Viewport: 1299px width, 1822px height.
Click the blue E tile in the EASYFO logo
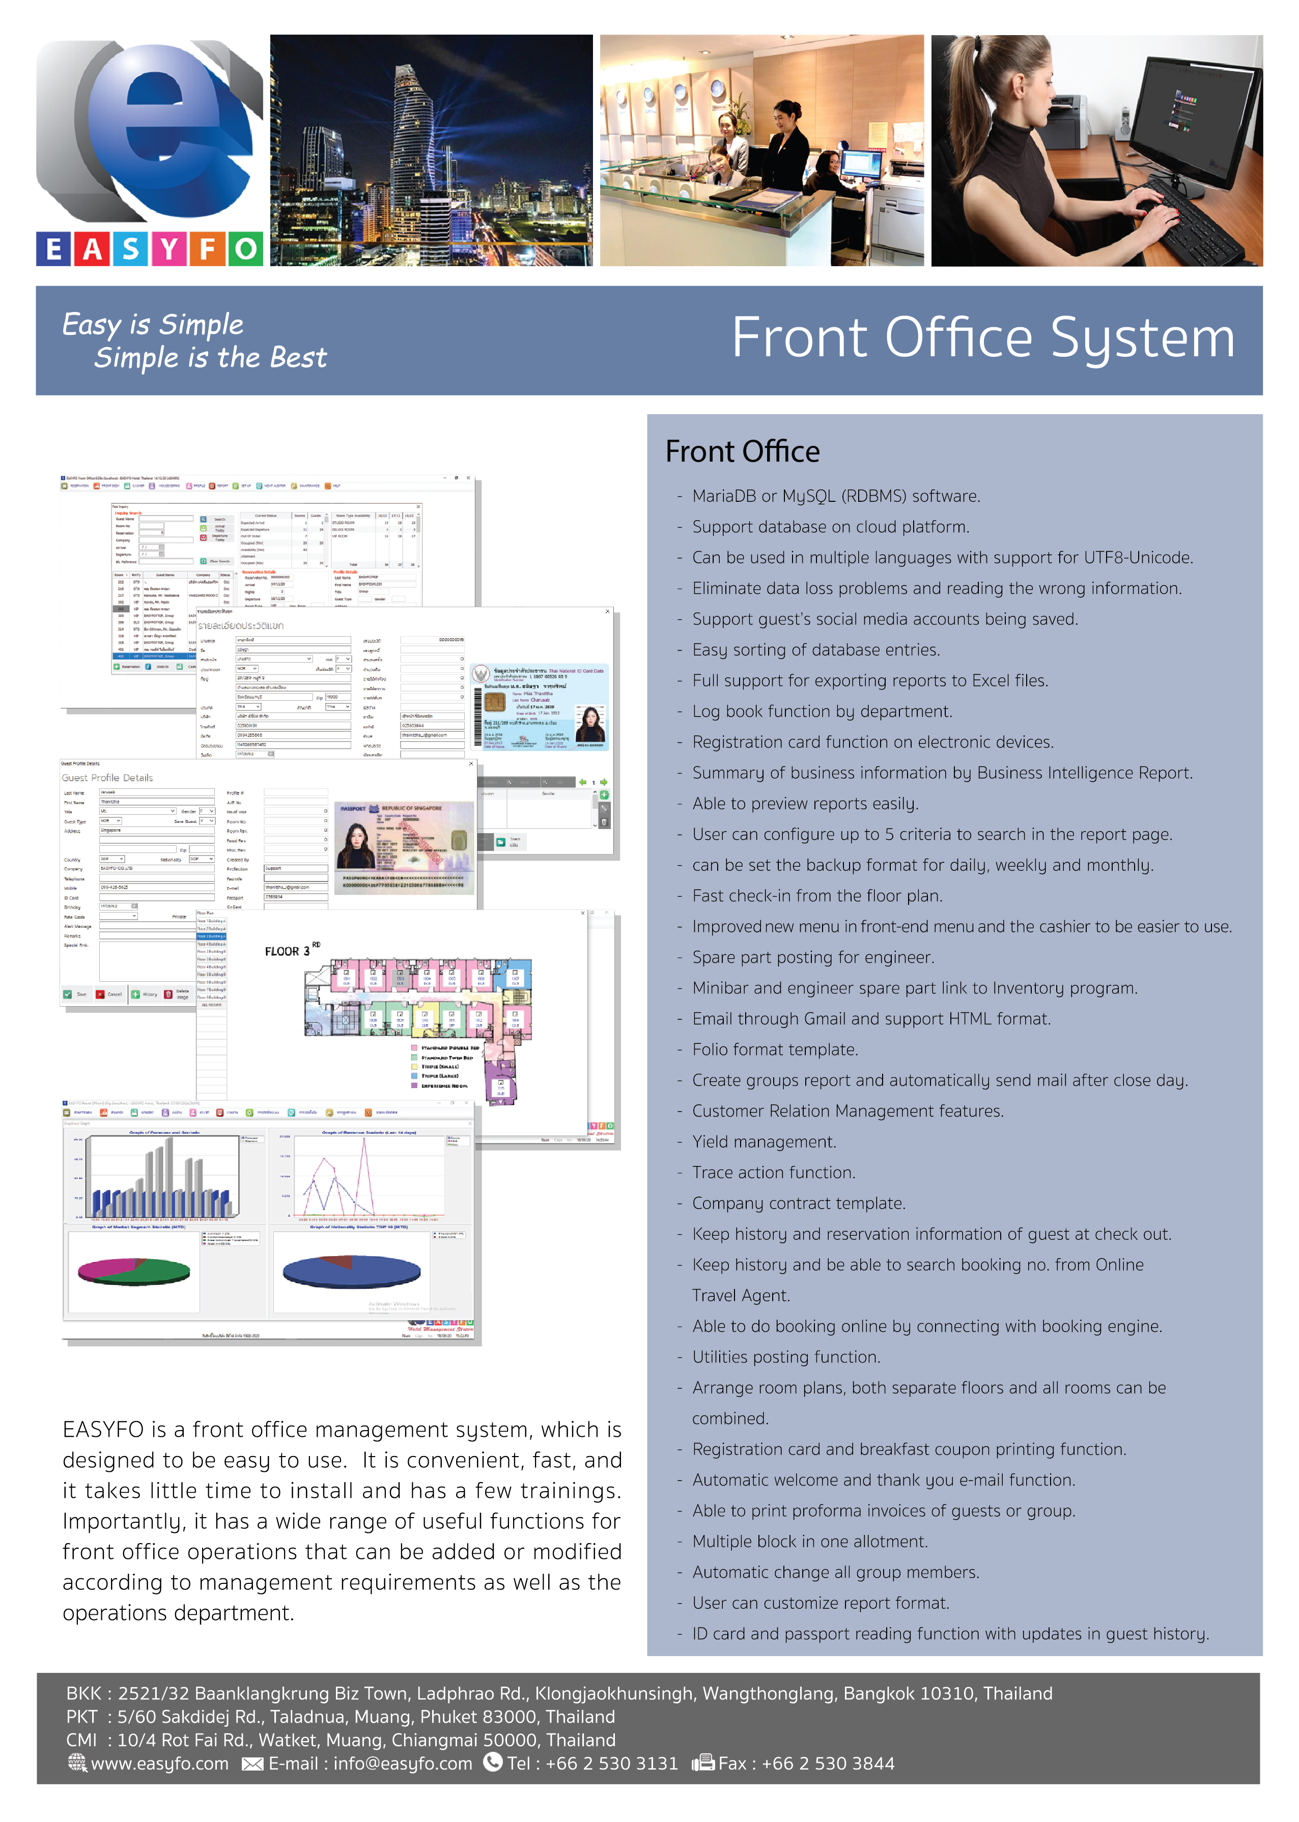click(x=53, y=249)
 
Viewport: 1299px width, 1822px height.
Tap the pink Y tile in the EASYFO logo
click(x=169, y=249)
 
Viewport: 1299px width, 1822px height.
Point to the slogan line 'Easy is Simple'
click(x=153, y=325)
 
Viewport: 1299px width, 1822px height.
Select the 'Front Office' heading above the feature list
click(x=742, y=452)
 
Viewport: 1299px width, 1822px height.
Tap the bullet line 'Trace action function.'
click(x=774, y=1173)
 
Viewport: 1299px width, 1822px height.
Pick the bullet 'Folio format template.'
click(x=775, y=1049)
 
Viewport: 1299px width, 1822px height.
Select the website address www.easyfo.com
click(x=159, y=1763)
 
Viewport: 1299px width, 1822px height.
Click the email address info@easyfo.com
click(x=402, y=1763)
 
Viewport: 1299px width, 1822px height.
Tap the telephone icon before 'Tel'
click(x=493, y=1762)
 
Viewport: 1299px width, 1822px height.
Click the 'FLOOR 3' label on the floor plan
click(x=289, y=951)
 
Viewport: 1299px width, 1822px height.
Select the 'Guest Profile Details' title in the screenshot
click(x=107, y=778)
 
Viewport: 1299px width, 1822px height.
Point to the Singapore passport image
click(x=405, y=847)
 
